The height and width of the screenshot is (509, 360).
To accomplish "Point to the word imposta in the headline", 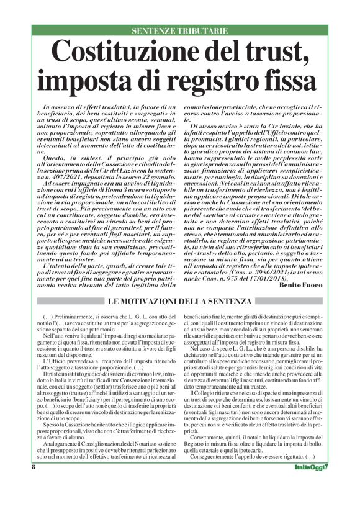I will tap(80, 80).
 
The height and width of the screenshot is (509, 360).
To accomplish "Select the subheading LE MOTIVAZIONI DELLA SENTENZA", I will tap(180, 302).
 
